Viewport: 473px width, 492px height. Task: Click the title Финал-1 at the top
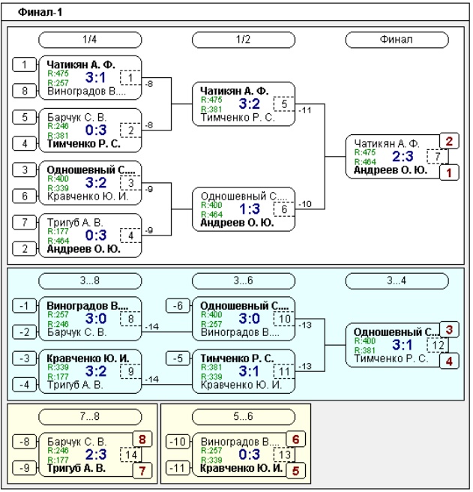40,12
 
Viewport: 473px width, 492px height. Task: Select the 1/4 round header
90,40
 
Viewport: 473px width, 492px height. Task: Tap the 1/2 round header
244,40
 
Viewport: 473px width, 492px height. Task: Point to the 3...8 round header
90,280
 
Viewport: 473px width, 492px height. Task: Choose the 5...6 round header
244,416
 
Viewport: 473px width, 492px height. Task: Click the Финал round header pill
397,40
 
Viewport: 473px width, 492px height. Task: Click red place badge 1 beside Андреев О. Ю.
449,172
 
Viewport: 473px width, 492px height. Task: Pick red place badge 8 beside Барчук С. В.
142,439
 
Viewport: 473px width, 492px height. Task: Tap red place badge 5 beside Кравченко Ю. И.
295,471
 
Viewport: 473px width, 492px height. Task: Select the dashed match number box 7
438,156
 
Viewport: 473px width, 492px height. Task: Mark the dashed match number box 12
438,345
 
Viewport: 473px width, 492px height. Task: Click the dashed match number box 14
130,454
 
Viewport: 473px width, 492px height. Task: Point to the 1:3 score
250,208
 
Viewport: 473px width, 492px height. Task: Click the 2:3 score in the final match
403,156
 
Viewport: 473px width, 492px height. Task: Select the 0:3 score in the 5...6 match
250,454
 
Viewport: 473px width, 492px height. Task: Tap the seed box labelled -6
178,305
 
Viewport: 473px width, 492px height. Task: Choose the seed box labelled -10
178,442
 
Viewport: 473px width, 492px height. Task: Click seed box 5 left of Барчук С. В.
25,117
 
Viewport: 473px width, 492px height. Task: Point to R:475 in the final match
365,152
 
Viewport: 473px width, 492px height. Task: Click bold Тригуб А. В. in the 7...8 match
76,468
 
